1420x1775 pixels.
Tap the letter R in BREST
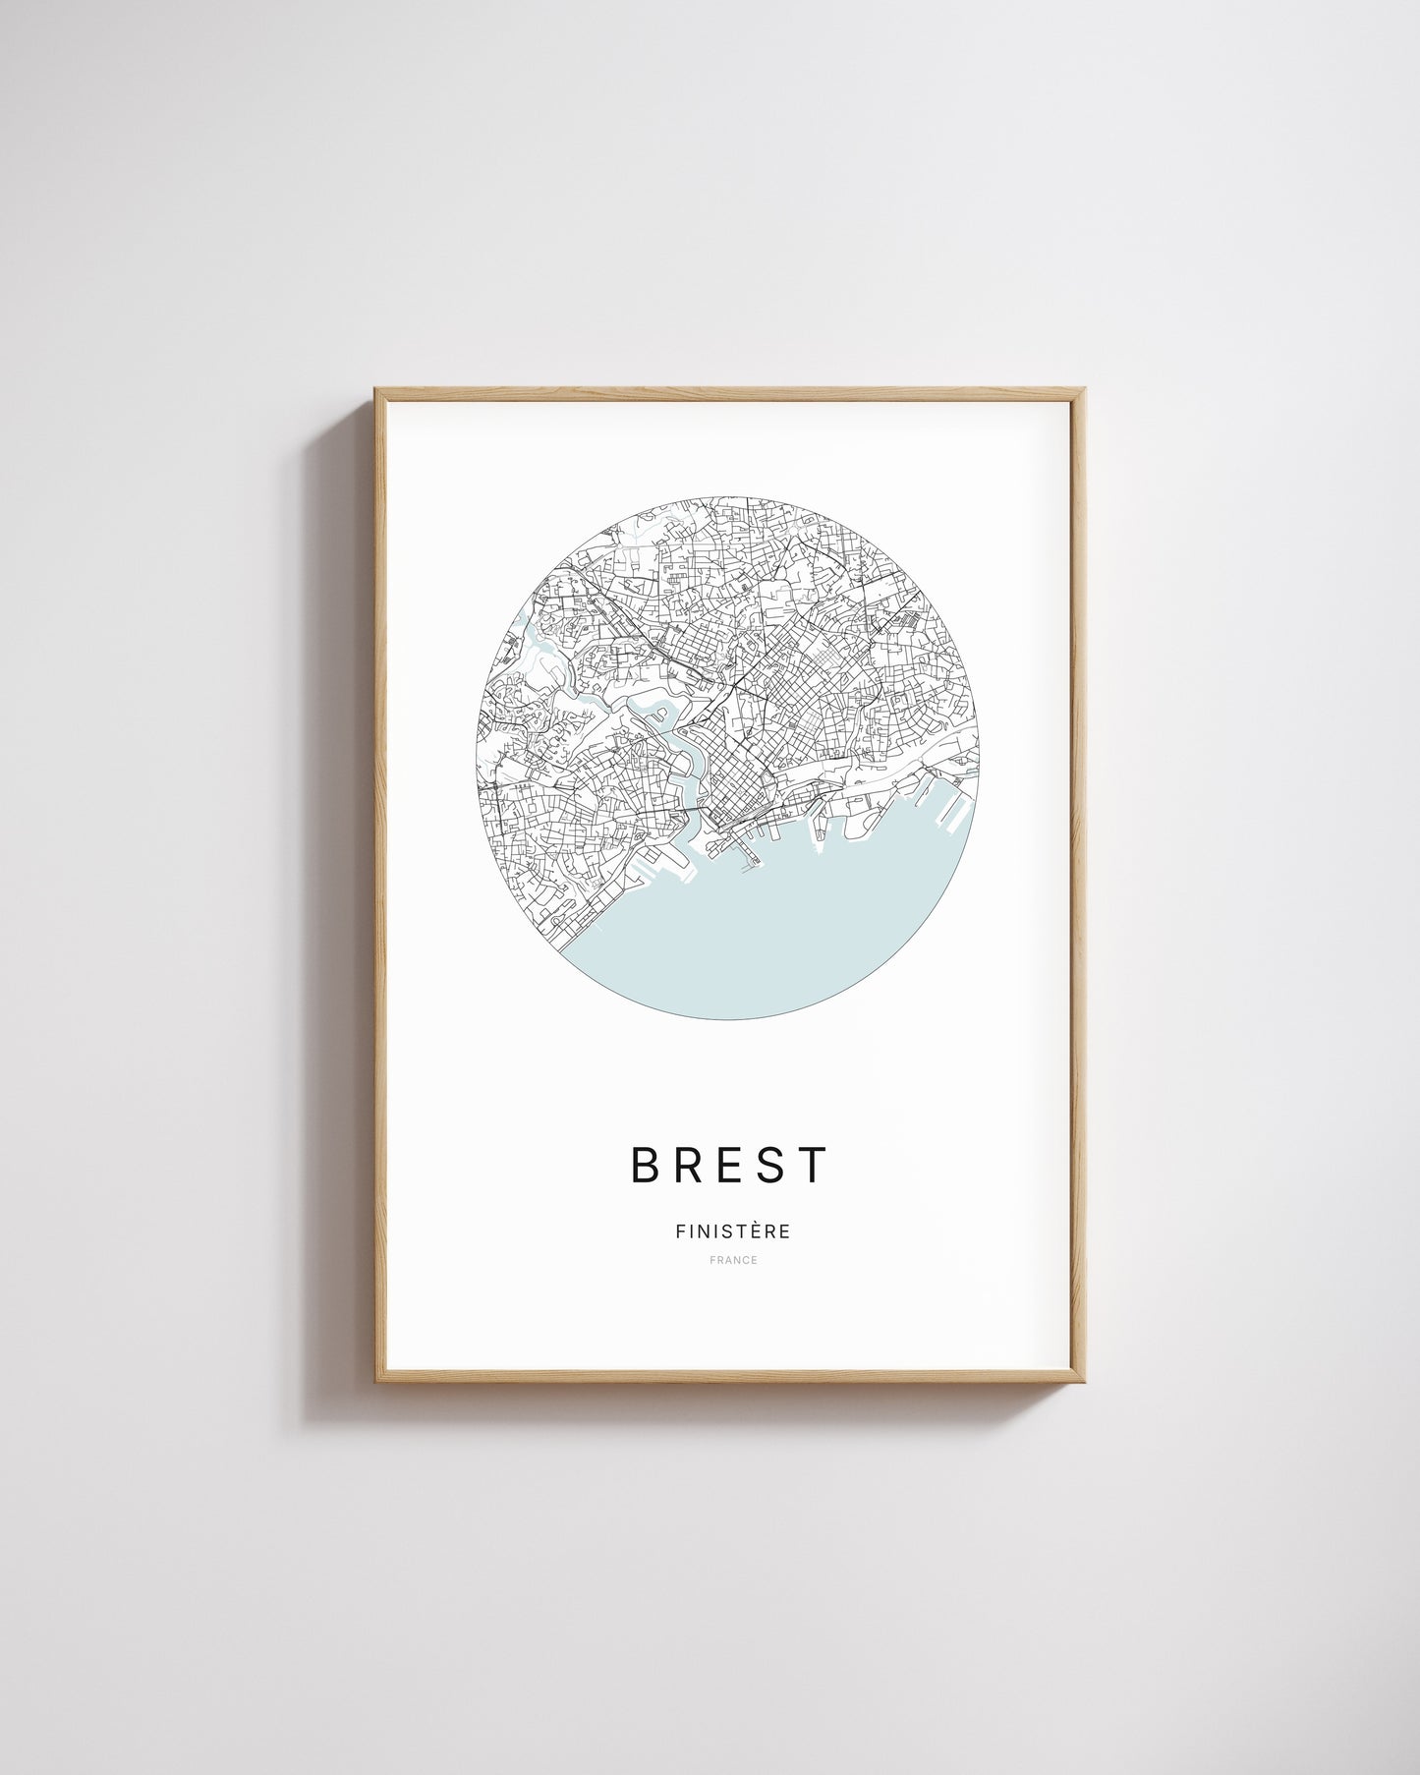[x=693, y=1166]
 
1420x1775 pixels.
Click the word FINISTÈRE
[x=732, y=1231]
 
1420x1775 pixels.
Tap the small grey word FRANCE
[x=732, y=1260]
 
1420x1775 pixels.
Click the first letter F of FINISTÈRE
[x=680, y=1231]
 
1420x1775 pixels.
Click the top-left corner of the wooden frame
[x=376, y=391]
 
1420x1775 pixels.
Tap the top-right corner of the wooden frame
[x=1083, y=391]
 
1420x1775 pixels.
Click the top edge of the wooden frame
[x=729, y=394]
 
